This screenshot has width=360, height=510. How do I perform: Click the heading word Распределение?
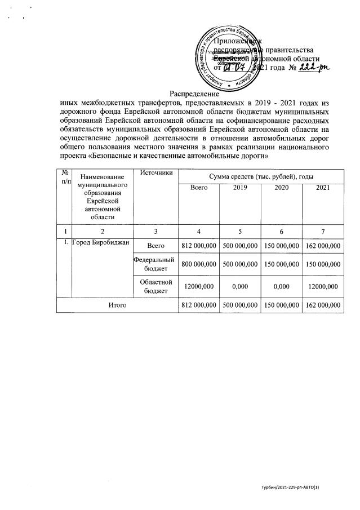click(x=195, y=94)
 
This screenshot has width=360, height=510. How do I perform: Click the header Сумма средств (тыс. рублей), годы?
click(x=260, y=177)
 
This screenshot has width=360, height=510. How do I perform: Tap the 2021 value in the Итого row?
click(x=322, y=305)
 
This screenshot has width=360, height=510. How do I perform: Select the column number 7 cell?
click(x=322, y=231)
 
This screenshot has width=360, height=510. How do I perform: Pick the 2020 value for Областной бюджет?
click(x=282, y=286)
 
